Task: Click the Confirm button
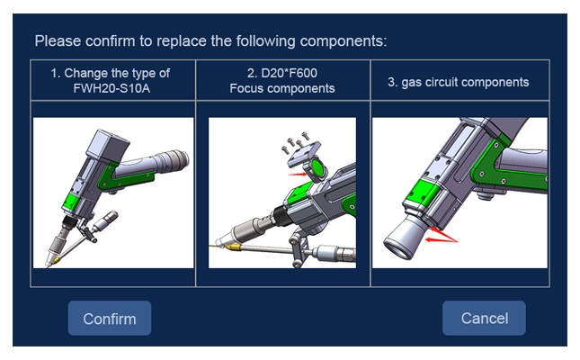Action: [x=110, y=318]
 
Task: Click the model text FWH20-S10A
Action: [x=112, y=88]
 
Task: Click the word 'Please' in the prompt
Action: [x=58, y=40]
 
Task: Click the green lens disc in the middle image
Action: [x=318, y=168]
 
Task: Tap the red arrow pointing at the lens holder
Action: [x=297, y=174]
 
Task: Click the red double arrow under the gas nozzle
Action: [x=442, y=236]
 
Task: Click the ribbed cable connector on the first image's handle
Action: [x=173, y=160]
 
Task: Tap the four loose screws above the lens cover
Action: [x=295, y=141]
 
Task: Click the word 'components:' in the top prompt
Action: [x=344, y=40]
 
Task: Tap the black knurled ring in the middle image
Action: [x=281, y=216]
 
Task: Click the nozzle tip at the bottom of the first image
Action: [x=49, y=263]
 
